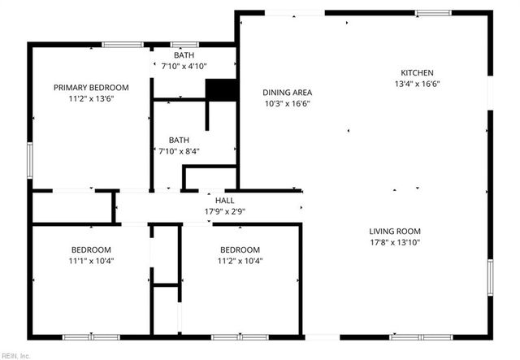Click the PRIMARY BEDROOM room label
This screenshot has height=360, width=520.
click(x=91, y=87)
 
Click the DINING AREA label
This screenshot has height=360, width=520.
click(x=288, y=92)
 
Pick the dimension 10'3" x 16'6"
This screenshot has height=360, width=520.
click(x=288, y=103)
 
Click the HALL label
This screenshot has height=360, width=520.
click(x=224, y=200)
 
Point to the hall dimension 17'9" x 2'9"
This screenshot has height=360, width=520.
click(x=224, y=211)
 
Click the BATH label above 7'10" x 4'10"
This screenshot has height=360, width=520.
click(x=184, y=54)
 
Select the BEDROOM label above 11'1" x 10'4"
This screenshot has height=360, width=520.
click(x=91, y=249)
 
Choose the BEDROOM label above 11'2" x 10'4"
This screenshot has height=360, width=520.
click(x=240, y=249)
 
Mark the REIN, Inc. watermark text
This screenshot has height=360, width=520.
click(x=15, y=355)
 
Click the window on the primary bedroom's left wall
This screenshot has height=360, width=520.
click(x=30, y=159)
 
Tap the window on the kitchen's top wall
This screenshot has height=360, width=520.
click(x=429, y=13)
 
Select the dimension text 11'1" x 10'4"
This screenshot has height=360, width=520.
click(x=91, y=261)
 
